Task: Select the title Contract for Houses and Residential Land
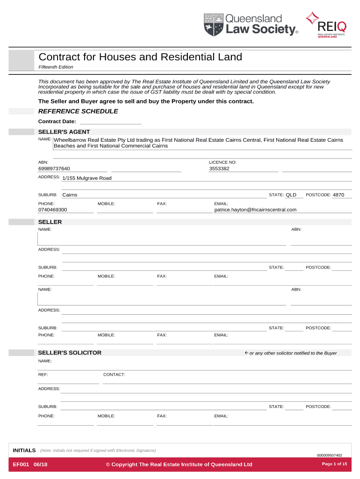coord(140,57)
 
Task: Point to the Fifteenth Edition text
coord(56,67)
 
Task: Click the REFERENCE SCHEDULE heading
coord(78,111)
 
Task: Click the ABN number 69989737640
coord(54,169)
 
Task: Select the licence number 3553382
coord(219,169)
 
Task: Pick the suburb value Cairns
coord(70,195)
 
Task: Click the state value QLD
coord(291,195)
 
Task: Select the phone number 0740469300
coord(52,210)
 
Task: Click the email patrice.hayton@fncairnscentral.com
coord(255,210)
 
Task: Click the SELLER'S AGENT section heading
coord(64,132)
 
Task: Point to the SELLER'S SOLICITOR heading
coord(70,353)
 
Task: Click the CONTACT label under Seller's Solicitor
coord(114,375)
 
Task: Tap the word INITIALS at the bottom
coord(24,450)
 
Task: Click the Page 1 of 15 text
coord(334,464)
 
